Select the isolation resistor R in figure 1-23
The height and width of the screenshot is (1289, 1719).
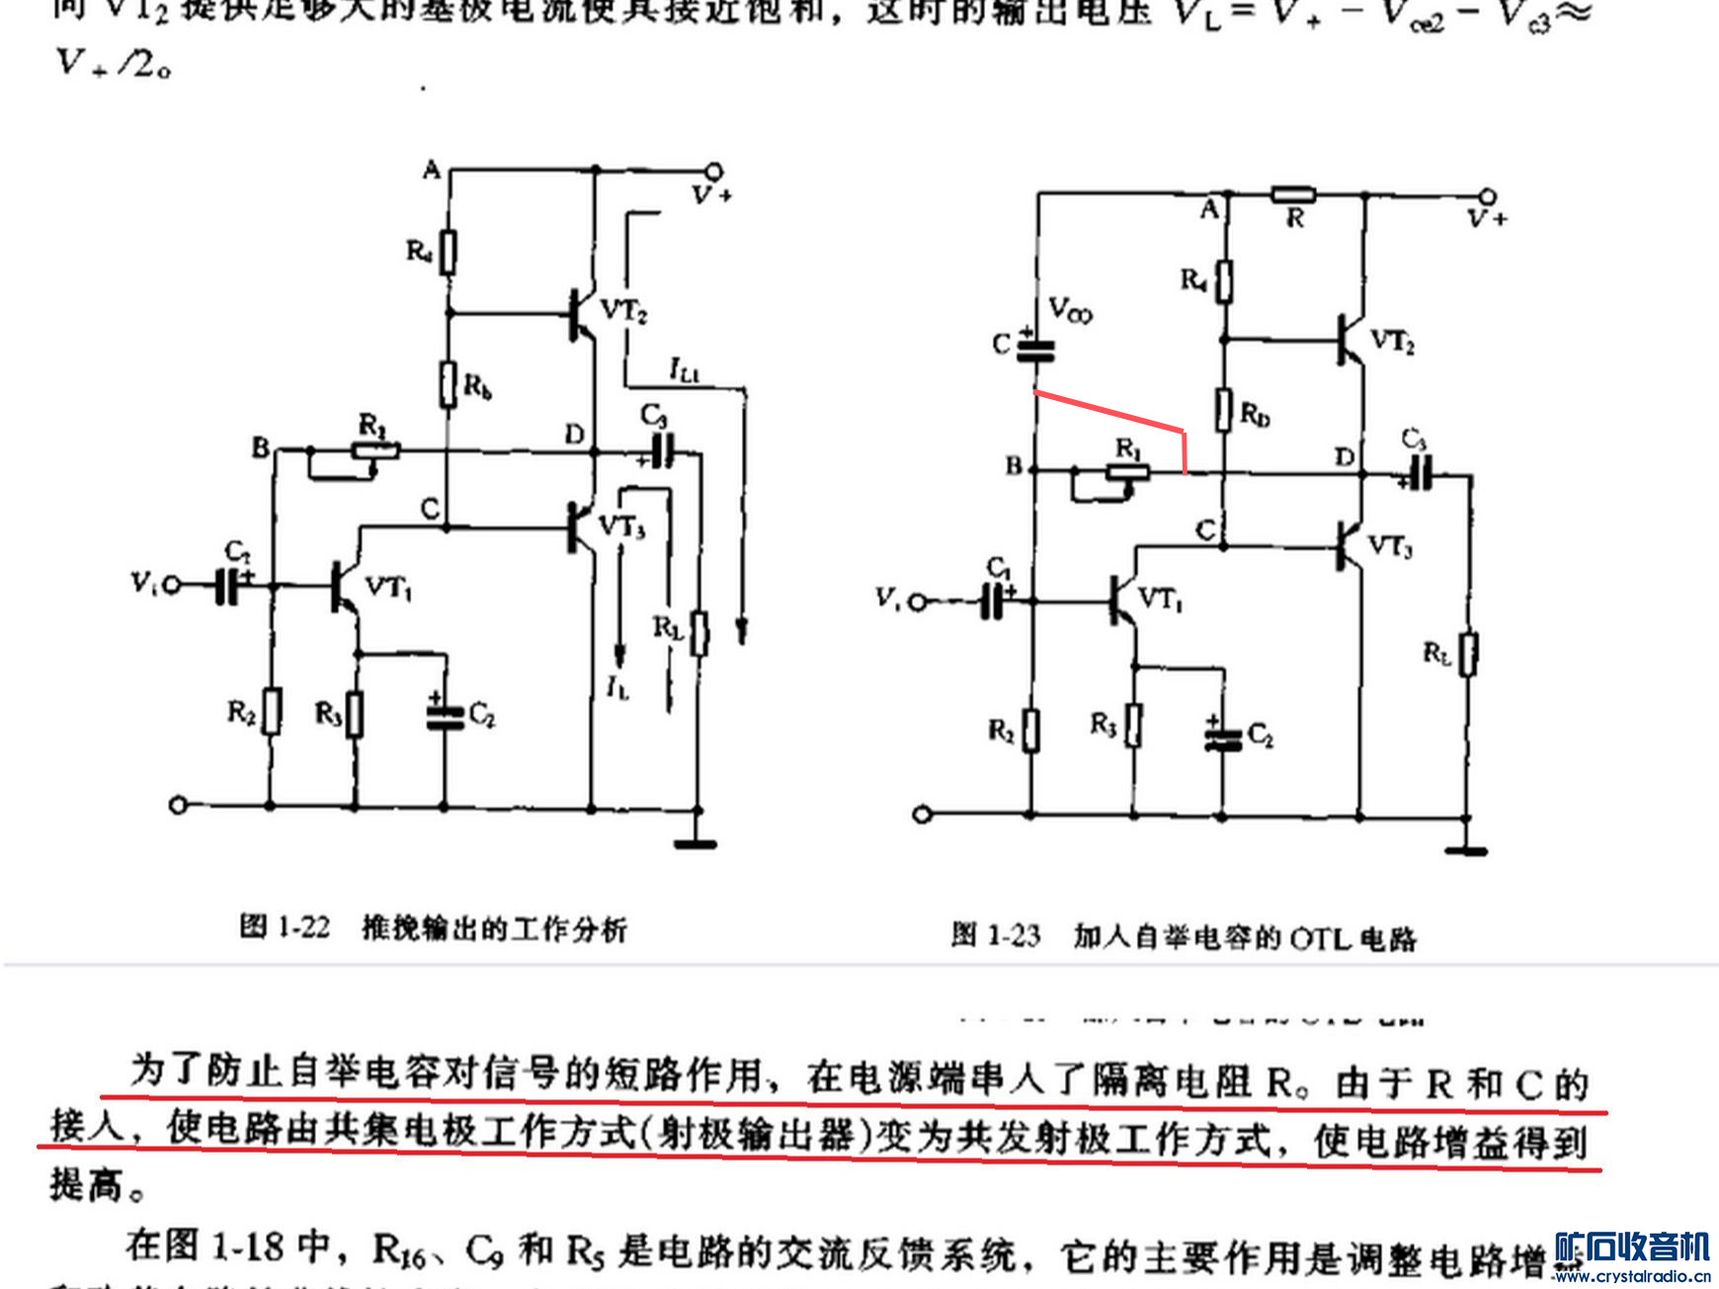[x=1293, y=195]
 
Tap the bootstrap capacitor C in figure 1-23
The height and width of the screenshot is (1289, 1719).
[x=1035, y=348]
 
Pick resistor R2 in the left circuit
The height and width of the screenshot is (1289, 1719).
[x=270, y=711]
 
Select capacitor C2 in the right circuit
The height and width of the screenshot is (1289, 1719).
[x=1223, y=737]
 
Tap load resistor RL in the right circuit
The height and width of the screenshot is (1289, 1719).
[x=1468, y=654]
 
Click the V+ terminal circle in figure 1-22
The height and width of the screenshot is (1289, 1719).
[x=713, y=171]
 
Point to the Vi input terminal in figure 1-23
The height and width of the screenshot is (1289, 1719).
[x=918, y=601]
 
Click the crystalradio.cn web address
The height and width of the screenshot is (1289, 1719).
[x=1631, y=1276]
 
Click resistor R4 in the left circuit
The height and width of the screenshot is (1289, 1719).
[x=449, y=252]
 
